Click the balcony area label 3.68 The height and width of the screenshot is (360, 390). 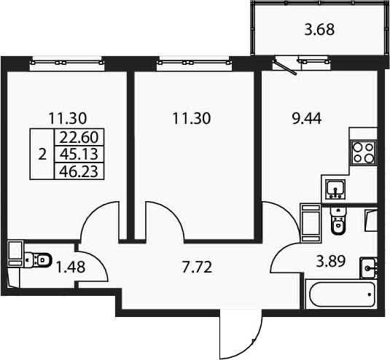[319, 30]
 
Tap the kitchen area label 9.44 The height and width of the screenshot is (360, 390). [306, 119]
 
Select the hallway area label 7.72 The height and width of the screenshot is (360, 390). [197, 267]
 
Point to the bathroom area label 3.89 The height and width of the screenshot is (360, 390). [330, 262]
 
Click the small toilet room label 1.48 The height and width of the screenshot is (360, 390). [71, 267]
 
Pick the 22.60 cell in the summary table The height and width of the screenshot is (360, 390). [79, 137]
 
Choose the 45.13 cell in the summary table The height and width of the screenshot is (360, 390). [79, 154]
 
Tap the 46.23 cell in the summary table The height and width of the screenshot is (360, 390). [79, 171]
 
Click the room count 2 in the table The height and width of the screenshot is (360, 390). [42, 154]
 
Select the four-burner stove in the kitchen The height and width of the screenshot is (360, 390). [364, 153]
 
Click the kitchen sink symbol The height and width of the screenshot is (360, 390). [335, 190]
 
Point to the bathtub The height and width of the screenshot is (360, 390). [342, 294]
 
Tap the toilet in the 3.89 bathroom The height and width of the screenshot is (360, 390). [338, 221]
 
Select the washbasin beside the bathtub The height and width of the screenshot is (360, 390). [369, 268]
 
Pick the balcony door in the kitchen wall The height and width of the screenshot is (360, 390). [286, 66]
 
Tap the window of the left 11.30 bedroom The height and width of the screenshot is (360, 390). [66, 63]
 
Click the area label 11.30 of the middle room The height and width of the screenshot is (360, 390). [192, 119]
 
